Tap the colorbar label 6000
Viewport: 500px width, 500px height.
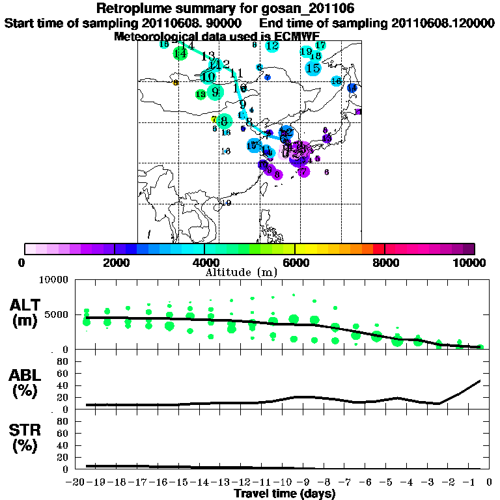[294, 263]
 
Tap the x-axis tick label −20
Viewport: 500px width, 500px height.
[77, 482]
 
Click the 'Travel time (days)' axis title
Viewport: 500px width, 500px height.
[285, 494]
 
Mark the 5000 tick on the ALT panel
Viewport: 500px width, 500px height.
[57, 314]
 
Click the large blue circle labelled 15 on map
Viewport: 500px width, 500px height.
[313, 68]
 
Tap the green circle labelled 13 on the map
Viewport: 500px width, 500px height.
[201, 94]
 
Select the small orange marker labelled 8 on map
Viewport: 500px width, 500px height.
[175, 83]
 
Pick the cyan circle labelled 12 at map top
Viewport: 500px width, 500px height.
[272, 46]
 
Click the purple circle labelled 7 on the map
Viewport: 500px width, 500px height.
[303, 171]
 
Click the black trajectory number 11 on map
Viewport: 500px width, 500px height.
[236, 73]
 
